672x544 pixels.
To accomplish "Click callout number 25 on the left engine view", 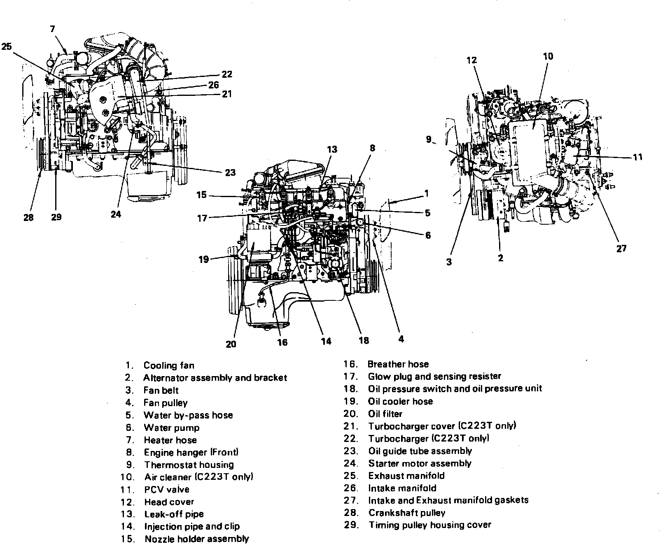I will click(x=7, y=47).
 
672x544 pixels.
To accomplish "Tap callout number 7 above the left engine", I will click(x=52, y=29).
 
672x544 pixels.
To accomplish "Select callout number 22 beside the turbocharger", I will click(x=227, y=74).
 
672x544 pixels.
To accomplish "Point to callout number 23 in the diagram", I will click(x=230, y=172).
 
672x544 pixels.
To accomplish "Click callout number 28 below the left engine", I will click(x=28, y=217).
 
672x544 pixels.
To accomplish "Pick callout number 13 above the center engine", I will click(x=332, y=149).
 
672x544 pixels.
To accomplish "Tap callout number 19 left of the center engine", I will click(x=204, y=260).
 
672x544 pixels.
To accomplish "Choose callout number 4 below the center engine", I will click(x=401, y=339).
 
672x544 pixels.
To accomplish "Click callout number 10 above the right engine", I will click(x=548, y=56).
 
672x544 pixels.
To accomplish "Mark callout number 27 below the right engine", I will click(x=621, y=248).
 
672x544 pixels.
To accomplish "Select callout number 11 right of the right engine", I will click(x=637, y=157).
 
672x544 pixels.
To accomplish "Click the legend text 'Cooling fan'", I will click(x=169, y=365).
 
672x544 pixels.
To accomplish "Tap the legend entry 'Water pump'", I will click(x=171, y=428).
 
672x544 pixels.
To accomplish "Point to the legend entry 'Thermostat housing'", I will click(x=189, y=465).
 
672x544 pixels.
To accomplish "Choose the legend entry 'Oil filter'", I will click(x=385, y=414).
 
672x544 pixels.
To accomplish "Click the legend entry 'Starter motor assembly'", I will click(x=420, y=463).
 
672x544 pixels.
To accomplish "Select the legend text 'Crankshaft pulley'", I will click(x=407, y=513).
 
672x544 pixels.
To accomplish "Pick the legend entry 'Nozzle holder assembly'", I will click(x=196, y=539).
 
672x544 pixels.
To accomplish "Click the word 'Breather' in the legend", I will click(x=385, y=364).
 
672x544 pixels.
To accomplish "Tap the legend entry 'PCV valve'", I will click(x=167, y=490).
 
